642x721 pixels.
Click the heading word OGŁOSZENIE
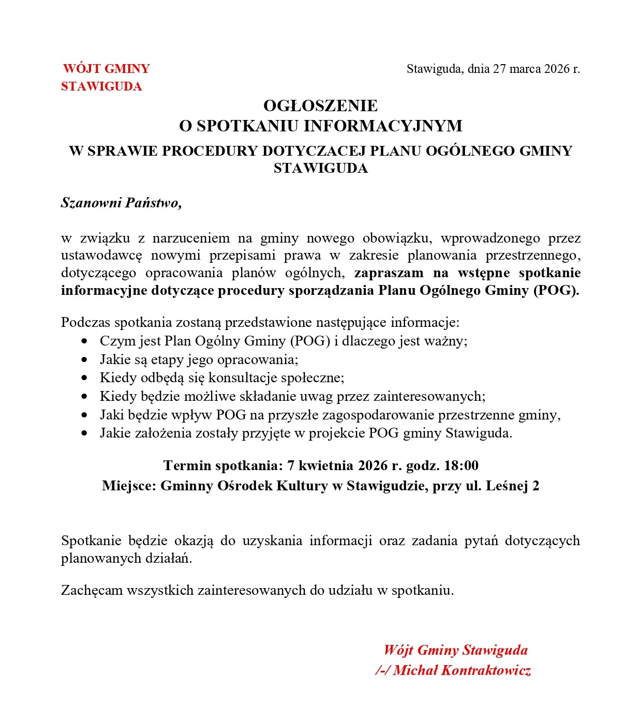[x=320, y=106]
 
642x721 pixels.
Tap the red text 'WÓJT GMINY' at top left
[x=107, y=69]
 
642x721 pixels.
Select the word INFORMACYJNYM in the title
[x=383, y=126]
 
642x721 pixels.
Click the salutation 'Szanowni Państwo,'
[x=122, y=203]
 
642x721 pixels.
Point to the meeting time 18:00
[x=461, y=465]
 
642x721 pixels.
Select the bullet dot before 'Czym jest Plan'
[x=85, y=341]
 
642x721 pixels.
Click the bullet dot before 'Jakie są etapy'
[x=85, y=359]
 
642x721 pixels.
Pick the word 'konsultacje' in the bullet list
[x=241, y=378]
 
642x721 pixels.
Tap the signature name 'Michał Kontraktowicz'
[x=462, y=671]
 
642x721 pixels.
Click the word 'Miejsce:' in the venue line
[x=129, y=486]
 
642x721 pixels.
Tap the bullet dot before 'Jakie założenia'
[x=85, y=433]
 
